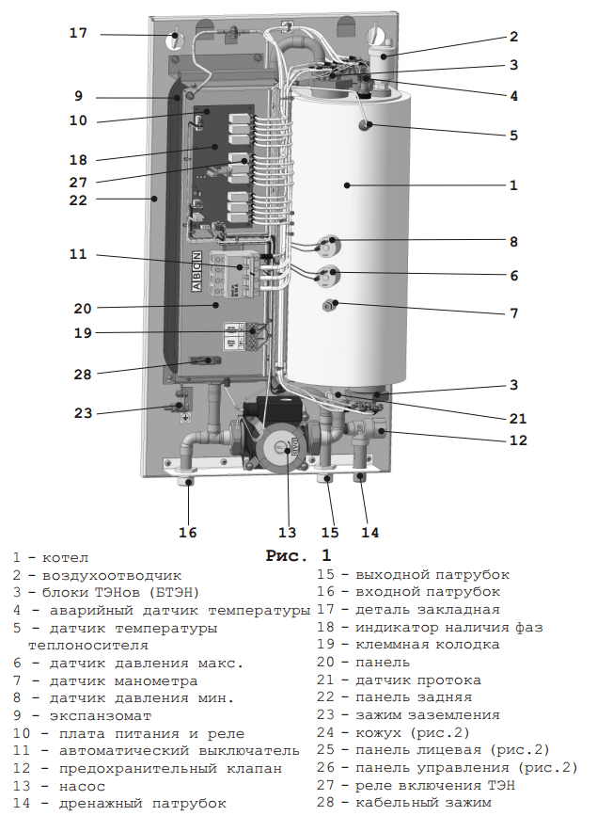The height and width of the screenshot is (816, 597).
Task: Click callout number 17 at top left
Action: pos(78,33)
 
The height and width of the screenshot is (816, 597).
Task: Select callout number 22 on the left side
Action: pos(78,200)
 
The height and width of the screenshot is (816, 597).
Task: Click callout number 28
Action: pos(84,374)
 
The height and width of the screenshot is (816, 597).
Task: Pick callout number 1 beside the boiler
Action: pos(513,185)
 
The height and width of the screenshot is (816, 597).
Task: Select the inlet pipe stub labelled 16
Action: pos(189,484)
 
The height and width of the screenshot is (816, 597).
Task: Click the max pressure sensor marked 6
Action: pos(327,277)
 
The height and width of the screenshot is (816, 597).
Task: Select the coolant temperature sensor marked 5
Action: pos(365,123)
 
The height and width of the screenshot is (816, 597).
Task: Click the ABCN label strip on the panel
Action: pos(196,273)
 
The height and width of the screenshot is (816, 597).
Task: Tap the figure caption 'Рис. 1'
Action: pos(298,555)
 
